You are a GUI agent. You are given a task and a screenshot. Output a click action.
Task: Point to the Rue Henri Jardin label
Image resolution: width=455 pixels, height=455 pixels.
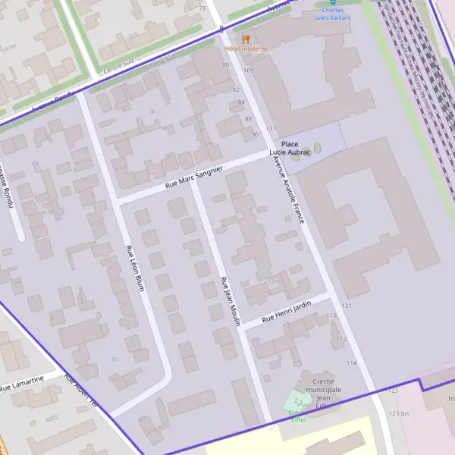pyautogui.click(x=287, y=312)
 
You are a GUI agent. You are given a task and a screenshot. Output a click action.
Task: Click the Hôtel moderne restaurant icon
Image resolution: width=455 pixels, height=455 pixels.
pyautogui.click(x=245, y=39)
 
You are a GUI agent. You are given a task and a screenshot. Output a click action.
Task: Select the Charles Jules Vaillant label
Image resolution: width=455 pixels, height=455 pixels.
pyautogui.click(x=334, y=14)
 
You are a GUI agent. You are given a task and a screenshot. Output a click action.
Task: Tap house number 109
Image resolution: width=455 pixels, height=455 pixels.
pyautogui.click(x=248, y=71)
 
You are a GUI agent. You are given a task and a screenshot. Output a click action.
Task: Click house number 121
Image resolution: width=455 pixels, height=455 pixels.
pyautogui.click(x=347, y=306)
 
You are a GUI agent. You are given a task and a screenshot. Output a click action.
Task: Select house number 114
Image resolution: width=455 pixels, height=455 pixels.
pyautogui.click(x=351, y=364)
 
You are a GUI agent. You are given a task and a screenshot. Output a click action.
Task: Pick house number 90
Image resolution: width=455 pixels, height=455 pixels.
pyautogui.click(x=255, y=134)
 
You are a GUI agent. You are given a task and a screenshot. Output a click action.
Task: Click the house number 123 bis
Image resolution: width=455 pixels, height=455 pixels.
pyautogui.click(x=399, y=413)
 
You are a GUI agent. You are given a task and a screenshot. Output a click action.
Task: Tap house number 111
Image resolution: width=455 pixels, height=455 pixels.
pyautogui.click(x=271, y=129)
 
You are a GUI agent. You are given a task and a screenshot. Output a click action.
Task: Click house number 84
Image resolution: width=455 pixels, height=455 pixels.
pyautogui.click(x=241, y=102)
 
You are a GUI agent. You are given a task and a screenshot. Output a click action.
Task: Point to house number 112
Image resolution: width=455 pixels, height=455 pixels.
pyautogui.click(x=341, y=339)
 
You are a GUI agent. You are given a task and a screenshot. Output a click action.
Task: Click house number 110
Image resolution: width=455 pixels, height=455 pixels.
pyautogui.click(x=331, y=315)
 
